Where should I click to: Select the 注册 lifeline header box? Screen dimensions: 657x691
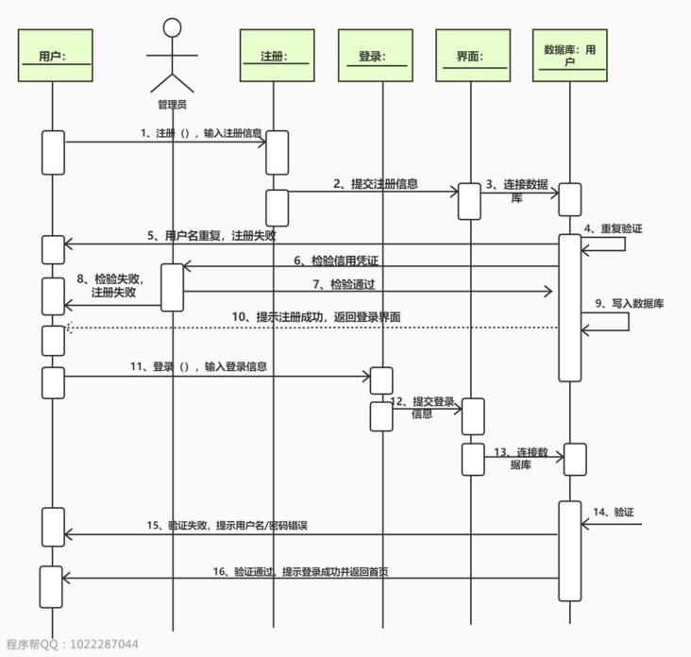[x=273, y=57]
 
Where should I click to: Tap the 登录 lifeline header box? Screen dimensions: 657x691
[x=383, y=57]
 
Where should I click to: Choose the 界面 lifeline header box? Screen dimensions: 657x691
[x=469, y=57]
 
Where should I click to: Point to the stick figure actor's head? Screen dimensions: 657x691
[x=172, y=28]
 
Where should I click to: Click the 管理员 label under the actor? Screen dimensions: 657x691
[x=172, y=104]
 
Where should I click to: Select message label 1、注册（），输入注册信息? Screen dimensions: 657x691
[x=200, y=133]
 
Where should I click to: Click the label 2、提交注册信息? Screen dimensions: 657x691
[x=375, y=184]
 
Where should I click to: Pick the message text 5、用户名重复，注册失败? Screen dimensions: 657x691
[x=211, y=235]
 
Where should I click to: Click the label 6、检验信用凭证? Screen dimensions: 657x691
[x=335, y=260]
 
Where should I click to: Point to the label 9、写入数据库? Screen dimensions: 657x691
[x=630, y=303]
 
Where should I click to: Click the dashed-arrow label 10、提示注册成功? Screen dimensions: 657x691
[x=316, y=317]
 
